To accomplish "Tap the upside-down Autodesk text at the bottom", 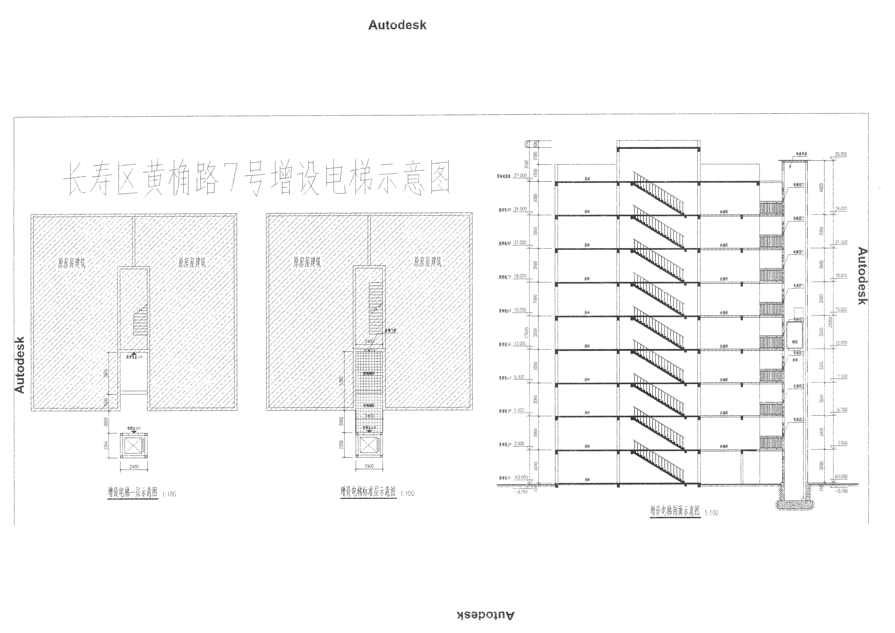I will coord(485,615).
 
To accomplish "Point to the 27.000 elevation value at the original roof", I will coord(520,175).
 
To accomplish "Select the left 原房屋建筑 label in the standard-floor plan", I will coord(307,262).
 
